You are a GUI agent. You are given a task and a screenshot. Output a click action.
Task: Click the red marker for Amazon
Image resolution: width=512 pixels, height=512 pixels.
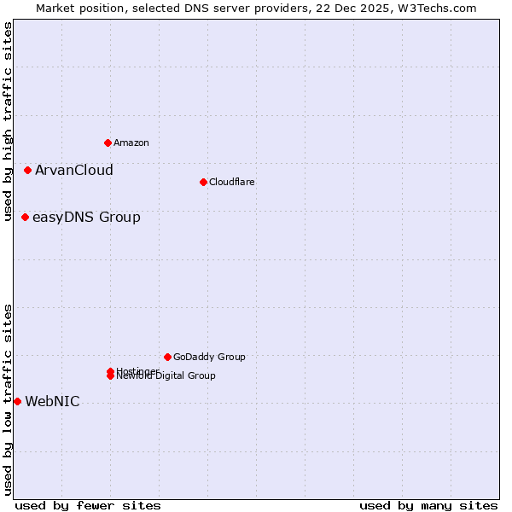pyautogui.click(x=108, y=143)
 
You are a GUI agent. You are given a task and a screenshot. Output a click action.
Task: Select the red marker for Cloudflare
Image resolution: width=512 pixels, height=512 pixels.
pyautogui.click(x=203, y=182)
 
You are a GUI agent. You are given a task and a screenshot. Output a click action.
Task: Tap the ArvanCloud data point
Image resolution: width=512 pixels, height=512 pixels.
pyautogui.click(x=27, y=170)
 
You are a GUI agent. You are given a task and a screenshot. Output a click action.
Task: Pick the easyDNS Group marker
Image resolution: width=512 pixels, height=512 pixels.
pyautogui.click(x=25, y=217)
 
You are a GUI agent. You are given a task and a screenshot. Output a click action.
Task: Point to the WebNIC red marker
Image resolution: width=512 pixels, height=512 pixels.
pyautogui.click(x=17, y=401)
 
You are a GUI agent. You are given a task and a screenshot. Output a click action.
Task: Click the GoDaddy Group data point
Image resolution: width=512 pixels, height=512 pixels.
pyautogui.click(x=167, y=357)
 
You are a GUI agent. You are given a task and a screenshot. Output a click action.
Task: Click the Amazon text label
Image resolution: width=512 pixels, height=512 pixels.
pyautogui.click(x=131, y=143)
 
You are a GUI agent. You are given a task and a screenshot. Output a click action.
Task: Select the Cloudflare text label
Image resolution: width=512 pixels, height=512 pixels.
pyautogui.click(x=231, y=182)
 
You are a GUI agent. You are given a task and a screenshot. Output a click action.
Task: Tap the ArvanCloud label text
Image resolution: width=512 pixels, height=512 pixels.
pyautogui.click(x=73, y=170)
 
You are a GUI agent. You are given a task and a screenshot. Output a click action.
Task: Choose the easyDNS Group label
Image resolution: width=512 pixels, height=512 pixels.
pyautogui.click(x=86, y=217)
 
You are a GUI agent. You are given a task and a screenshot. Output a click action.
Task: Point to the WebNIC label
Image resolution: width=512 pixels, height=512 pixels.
pyautogui.click(x=52, y=401)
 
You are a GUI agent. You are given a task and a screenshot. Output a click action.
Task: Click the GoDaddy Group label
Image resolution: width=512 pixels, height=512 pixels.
pyautogui.click(x=209, y=357)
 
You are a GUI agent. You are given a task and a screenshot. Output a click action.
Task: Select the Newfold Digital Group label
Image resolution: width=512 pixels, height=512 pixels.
pyautogui.click(x=167, y=376)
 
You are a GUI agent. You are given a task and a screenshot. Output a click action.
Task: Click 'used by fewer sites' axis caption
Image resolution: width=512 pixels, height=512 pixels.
pyautogui.click(x=88, y=505)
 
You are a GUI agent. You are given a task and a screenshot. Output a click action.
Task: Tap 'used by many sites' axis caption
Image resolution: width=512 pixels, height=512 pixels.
pyautogui.click(x=428, y=505)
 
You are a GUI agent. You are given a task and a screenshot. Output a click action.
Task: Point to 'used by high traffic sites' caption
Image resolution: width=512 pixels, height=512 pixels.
pyautogui.click(x=8, y=121)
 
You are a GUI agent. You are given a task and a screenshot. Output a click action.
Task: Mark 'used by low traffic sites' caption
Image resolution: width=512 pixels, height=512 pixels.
pyautogui.click(x=8, y=399)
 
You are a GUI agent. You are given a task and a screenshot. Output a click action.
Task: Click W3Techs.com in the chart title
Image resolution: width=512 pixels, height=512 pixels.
pyautogui.click(x=435, y=8)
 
